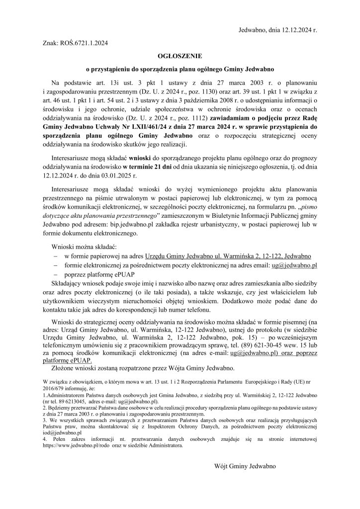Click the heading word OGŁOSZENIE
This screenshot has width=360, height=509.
pyautogui.click(x=180, y=57)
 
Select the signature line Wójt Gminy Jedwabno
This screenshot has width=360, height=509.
pyautogui.click(x=245, y=467)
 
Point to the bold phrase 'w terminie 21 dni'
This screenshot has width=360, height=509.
pyautogui.click(x=147, y=167)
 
